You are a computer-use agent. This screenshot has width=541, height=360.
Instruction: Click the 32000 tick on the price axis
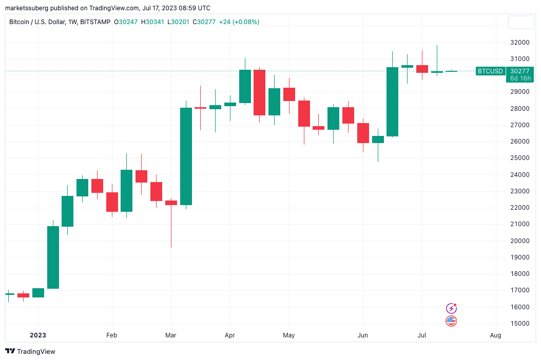[520, 43]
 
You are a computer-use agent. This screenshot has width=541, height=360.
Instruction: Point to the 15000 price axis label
[520, 324]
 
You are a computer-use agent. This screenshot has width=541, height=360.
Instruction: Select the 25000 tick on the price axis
[520, 158]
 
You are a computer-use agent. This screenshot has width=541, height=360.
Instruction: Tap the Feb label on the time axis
[111, 335]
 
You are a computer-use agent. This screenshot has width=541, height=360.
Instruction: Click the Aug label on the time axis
[495, 335]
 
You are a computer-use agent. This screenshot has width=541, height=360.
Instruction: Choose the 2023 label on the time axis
[37, 335]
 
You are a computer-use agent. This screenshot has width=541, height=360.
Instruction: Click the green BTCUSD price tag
[490, 71]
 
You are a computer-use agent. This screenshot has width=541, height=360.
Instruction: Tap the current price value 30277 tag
[520, 71]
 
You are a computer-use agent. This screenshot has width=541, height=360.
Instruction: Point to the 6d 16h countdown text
[520, 78]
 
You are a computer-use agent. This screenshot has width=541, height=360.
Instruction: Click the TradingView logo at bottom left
[30, 351]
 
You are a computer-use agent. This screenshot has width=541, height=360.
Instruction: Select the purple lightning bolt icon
[451, 308]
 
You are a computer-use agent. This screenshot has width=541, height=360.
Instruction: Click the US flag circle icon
[451, 321]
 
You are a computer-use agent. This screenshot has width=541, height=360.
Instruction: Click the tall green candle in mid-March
[186, 156]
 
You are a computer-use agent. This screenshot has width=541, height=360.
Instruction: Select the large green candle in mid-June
[392, 102]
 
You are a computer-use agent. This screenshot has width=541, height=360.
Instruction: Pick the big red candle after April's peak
[259, 93]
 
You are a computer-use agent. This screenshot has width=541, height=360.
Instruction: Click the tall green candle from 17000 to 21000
[53, 257]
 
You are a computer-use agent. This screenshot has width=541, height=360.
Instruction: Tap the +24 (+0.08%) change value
[239, 22]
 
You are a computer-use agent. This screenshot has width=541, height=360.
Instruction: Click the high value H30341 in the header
[153, 22]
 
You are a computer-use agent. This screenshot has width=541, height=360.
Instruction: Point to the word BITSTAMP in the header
[96, 22]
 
